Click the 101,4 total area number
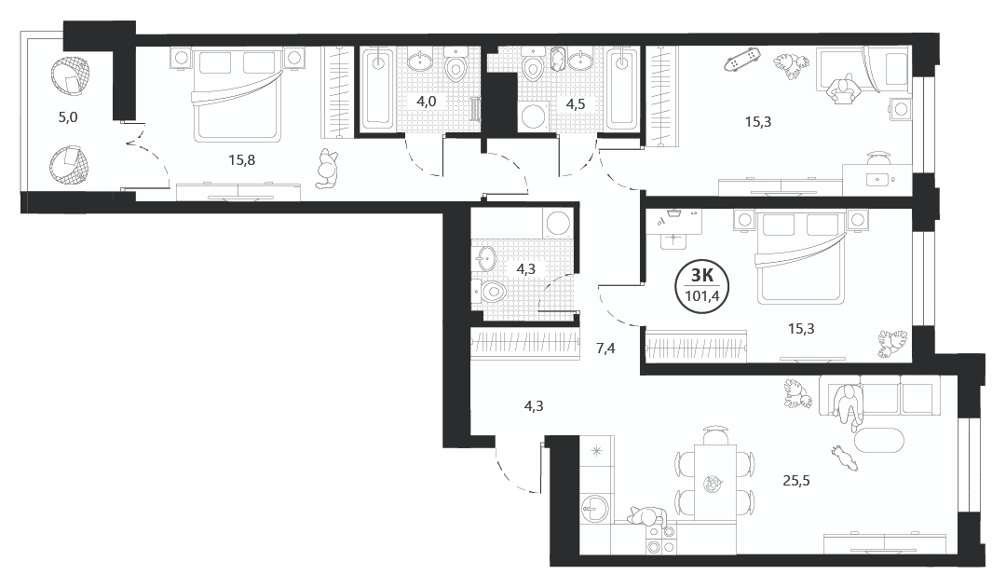[701, 296]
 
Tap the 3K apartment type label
[702, 276]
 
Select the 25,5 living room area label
[796, 480]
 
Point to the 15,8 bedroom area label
[242, 160]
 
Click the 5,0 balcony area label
[68, 117]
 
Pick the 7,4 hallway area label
[605, 349]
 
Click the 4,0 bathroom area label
[426, 102]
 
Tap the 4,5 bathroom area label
[575, 104]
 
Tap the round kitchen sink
[594, 512]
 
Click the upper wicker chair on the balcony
[69, 76]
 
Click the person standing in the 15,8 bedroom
[328, 168]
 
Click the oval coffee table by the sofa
[878, 440]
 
